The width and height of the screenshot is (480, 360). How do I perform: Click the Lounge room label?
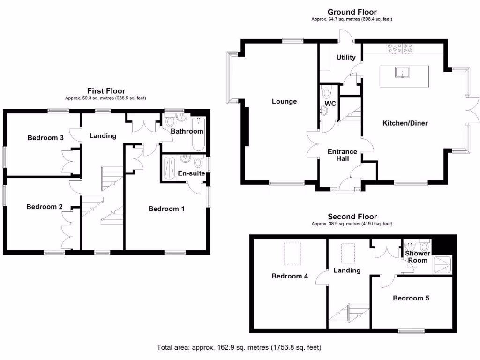(284, 101)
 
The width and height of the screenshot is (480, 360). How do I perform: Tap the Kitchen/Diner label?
(405, 123)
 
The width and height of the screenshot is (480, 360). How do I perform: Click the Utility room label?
(346, 58)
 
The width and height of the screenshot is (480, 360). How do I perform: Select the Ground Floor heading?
(352, 12)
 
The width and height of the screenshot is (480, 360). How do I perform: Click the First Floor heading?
(106, 91)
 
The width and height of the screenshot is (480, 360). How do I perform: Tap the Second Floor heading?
(352, 217)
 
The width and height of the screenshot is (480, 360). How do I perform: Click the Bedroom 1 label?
(166, 209)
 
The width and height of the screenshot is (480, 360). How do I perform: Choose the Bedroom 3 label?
(45, 138)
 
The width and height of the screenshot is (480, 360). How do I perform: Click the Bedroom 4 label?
(290, 276)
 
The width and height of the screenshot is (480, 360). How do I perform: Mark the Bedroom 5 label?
(411, 298)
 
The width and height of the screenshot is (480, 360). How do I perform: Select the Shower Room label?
(417, 257)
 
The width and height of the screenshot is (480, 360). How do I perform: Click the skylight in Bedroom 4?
(293, 254)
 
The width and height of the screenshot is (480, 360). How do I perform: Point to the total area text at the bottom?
(239, 348)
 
